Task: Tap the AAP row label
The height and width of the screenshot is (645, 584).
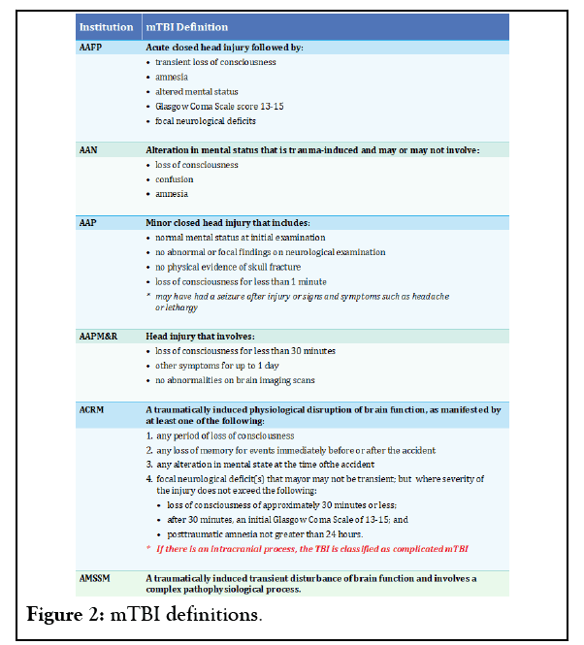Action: pos(87,222)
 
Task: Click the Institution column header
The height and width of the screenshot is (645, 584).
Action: pos(106,28)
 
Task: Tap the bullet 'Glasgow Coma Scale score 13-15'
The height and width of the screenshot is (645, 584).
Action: pos(220,107)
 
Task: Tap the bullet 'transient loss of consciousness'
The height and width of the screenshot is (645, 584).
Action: pos(215,62)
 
